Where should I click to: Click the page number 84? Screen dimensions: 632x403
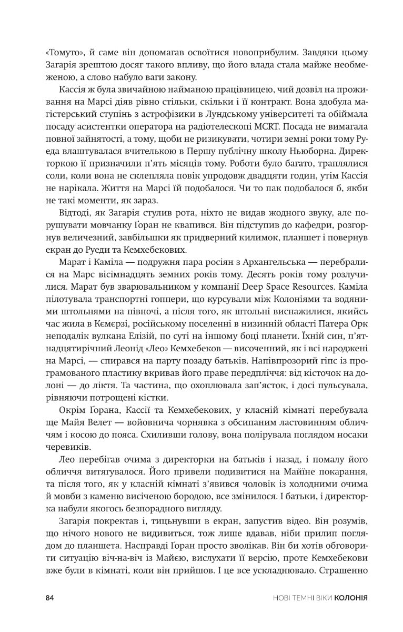pos(51,597)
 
